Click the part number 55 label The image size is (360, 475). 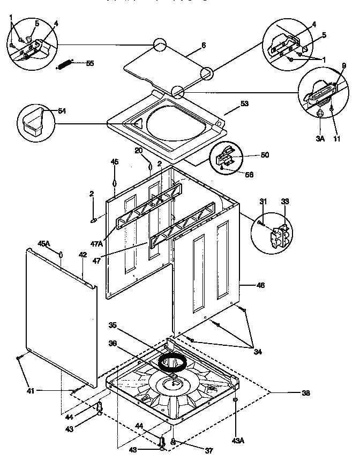click(x=89, y=63)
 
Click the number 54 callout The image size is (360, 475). click(x=62, y=110)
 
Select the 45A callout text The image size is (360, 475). click(x=44, y=243)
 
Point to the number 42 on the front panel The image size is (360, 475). click(x=82, y=255)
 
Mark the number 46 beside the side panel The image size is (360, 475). click(x=261, y=286)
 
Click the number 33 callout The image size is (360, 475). click(x=285, y=202)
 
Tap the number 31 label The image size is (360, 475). click(x=263, y=202)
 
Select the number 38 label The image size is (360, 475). click(x=306, y=392)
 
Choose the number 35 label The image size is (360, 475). click(x=113, y=325)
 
